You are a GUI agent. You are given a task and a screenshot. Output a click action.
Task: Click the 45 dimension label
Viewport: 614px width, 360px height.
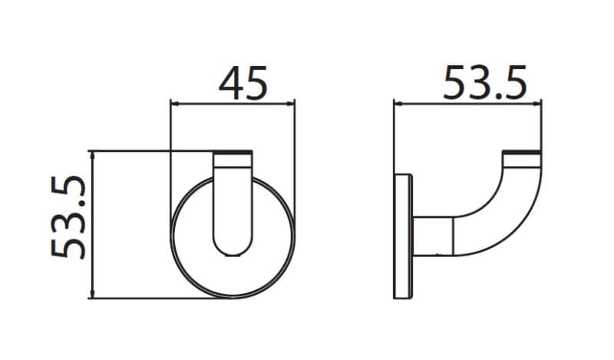pyautogui.click(x=243, y=83)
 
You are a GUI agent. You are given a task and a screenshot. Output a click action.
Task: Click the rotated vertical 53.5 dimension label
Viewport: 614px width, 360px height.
pyautogui.click(x=68, y=217)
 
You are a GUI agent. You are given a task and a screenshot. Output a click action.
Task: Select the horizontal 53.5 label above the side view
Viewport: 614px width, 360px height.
pyautogui.click(x=485, y=83)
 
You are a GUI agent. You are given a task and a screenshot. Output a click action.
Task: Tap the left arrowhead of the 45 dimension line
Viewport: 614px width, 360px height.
pyautogui.click(x=175, y=104)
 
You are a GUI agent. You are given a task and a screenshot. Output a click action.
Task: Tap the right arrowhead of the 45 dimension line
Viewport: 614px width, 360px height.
pyautogui.click(x=291, y=104)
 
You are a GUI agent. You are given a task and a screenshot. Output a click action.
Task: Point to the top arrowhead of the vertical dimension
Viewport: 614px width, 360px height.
pyautogui.click(x=93, y=156)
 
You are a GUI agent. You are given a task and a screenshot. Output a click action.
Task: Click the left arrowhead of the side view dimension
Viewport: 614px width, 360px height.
pyautogui.click(x=398, y=104)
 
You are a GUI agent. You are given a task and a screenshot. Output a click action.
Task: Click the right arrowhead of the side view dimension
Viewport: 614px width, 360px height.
pyautogui.click(x=537, y=104)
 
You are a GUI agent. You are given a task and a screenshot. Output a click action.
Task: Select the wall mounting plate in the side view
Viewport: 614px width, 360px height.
pyautogui.click(x=403, y=236)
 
